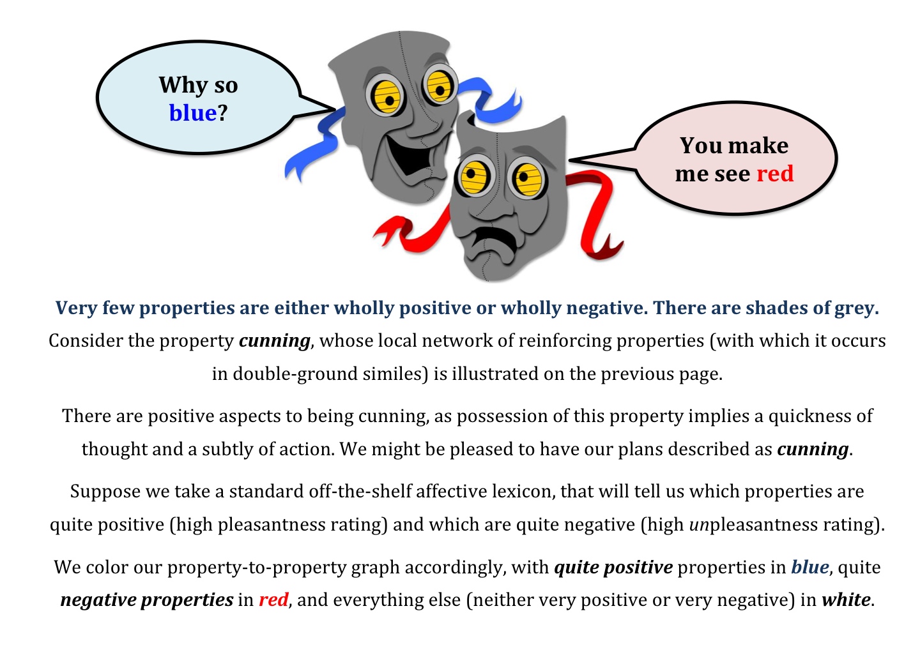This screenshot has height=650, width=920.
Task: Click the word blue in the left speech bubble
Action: (x=193, y=113)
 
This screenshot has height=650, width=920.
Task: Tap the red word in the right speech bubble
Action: (x=775, y=173)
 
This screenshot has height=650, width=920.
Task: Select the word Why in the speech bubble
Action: (x=183, y=86)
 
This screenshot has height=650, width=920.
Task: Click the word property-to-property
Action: (x=284, y=568)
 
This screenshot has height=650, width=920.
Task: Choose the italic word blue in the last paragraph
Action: (x=810, y=567)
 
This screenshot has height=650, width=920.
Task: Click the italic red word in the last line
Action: (x=273, y=600)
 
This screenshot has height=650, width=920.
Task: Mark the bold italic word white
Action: (x=846, y=600)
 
